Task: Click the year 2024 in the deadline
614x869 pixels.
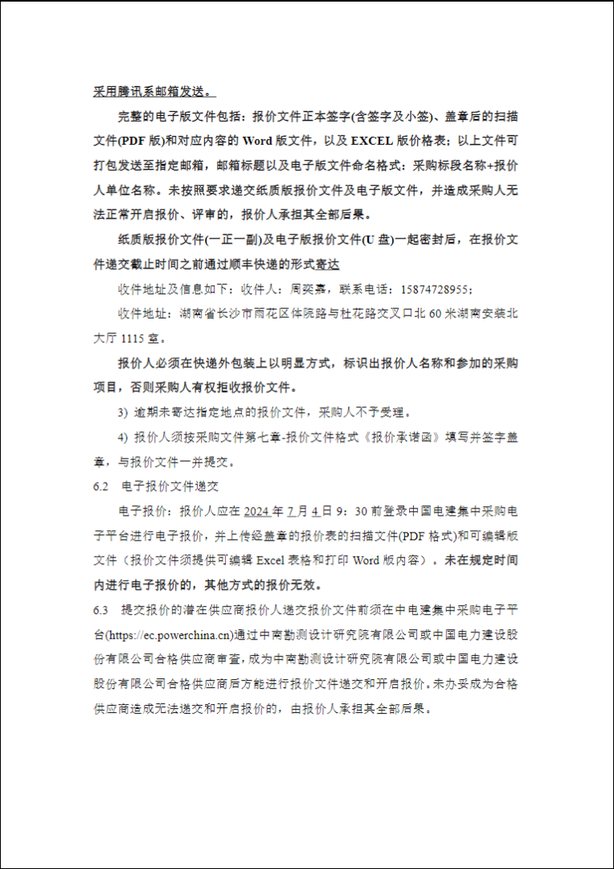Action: (257, 511)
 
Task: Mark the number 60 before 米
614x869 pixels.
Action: (439, 314)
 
